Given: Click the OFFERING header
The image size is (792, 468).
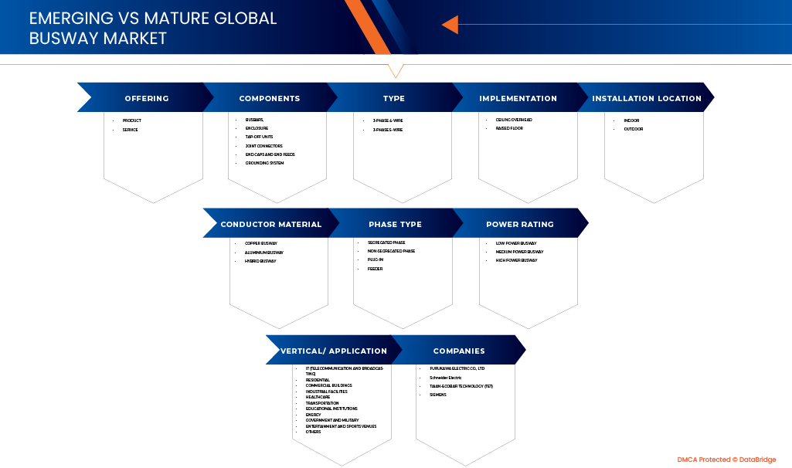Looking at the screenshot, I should [147, 98].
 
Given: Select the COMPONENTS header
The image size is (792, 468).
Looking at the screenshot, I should [270, 98].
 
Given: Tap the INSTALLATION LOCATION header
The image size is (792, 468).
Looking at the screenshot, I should [647, 98].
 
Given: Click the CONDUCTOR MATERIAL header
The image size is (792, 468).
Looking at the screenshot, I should [271, 224].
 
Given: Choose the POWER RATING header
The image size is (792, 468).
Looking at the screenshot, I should [520, 224].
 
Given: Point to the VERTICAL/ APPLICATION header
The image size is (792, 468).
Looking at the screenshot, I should [334, 351].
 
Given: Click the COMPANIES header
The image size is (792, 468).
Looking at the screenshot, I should [459, 351].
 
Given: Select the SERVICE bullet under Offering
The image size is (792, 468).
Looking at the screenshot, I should [130, 130].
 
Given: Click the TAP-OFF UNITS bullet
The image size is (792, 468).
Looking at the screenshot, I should [259, 137].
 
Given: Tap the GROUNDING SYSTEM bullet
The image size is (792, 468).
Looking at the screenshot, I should [264, 163].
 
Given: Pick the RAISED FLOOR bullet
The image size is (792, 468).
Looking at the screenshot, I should [509, 128].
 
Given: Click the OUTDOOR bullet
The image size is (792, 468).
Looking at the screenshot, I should [634, 129].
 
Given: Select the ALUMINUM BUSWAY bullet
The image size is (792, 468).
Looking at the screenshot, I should [264, 253].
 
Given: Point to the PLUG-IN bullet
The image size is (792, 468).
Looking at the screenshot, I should [376, 259].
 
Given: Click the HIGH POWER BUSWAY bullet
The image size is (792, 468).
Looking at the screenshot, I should [516, 260].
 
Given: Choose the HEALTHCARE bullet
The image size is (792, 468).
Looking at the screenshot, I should [318, 397].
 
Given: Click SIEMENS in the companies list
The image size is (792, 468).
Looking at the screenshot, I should [438, 395].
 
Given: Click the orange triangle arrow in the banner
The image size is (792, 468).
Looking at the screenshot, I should [450, 25].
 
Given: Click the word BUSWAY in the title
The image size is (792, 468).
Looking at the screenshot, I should [58, 38].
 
